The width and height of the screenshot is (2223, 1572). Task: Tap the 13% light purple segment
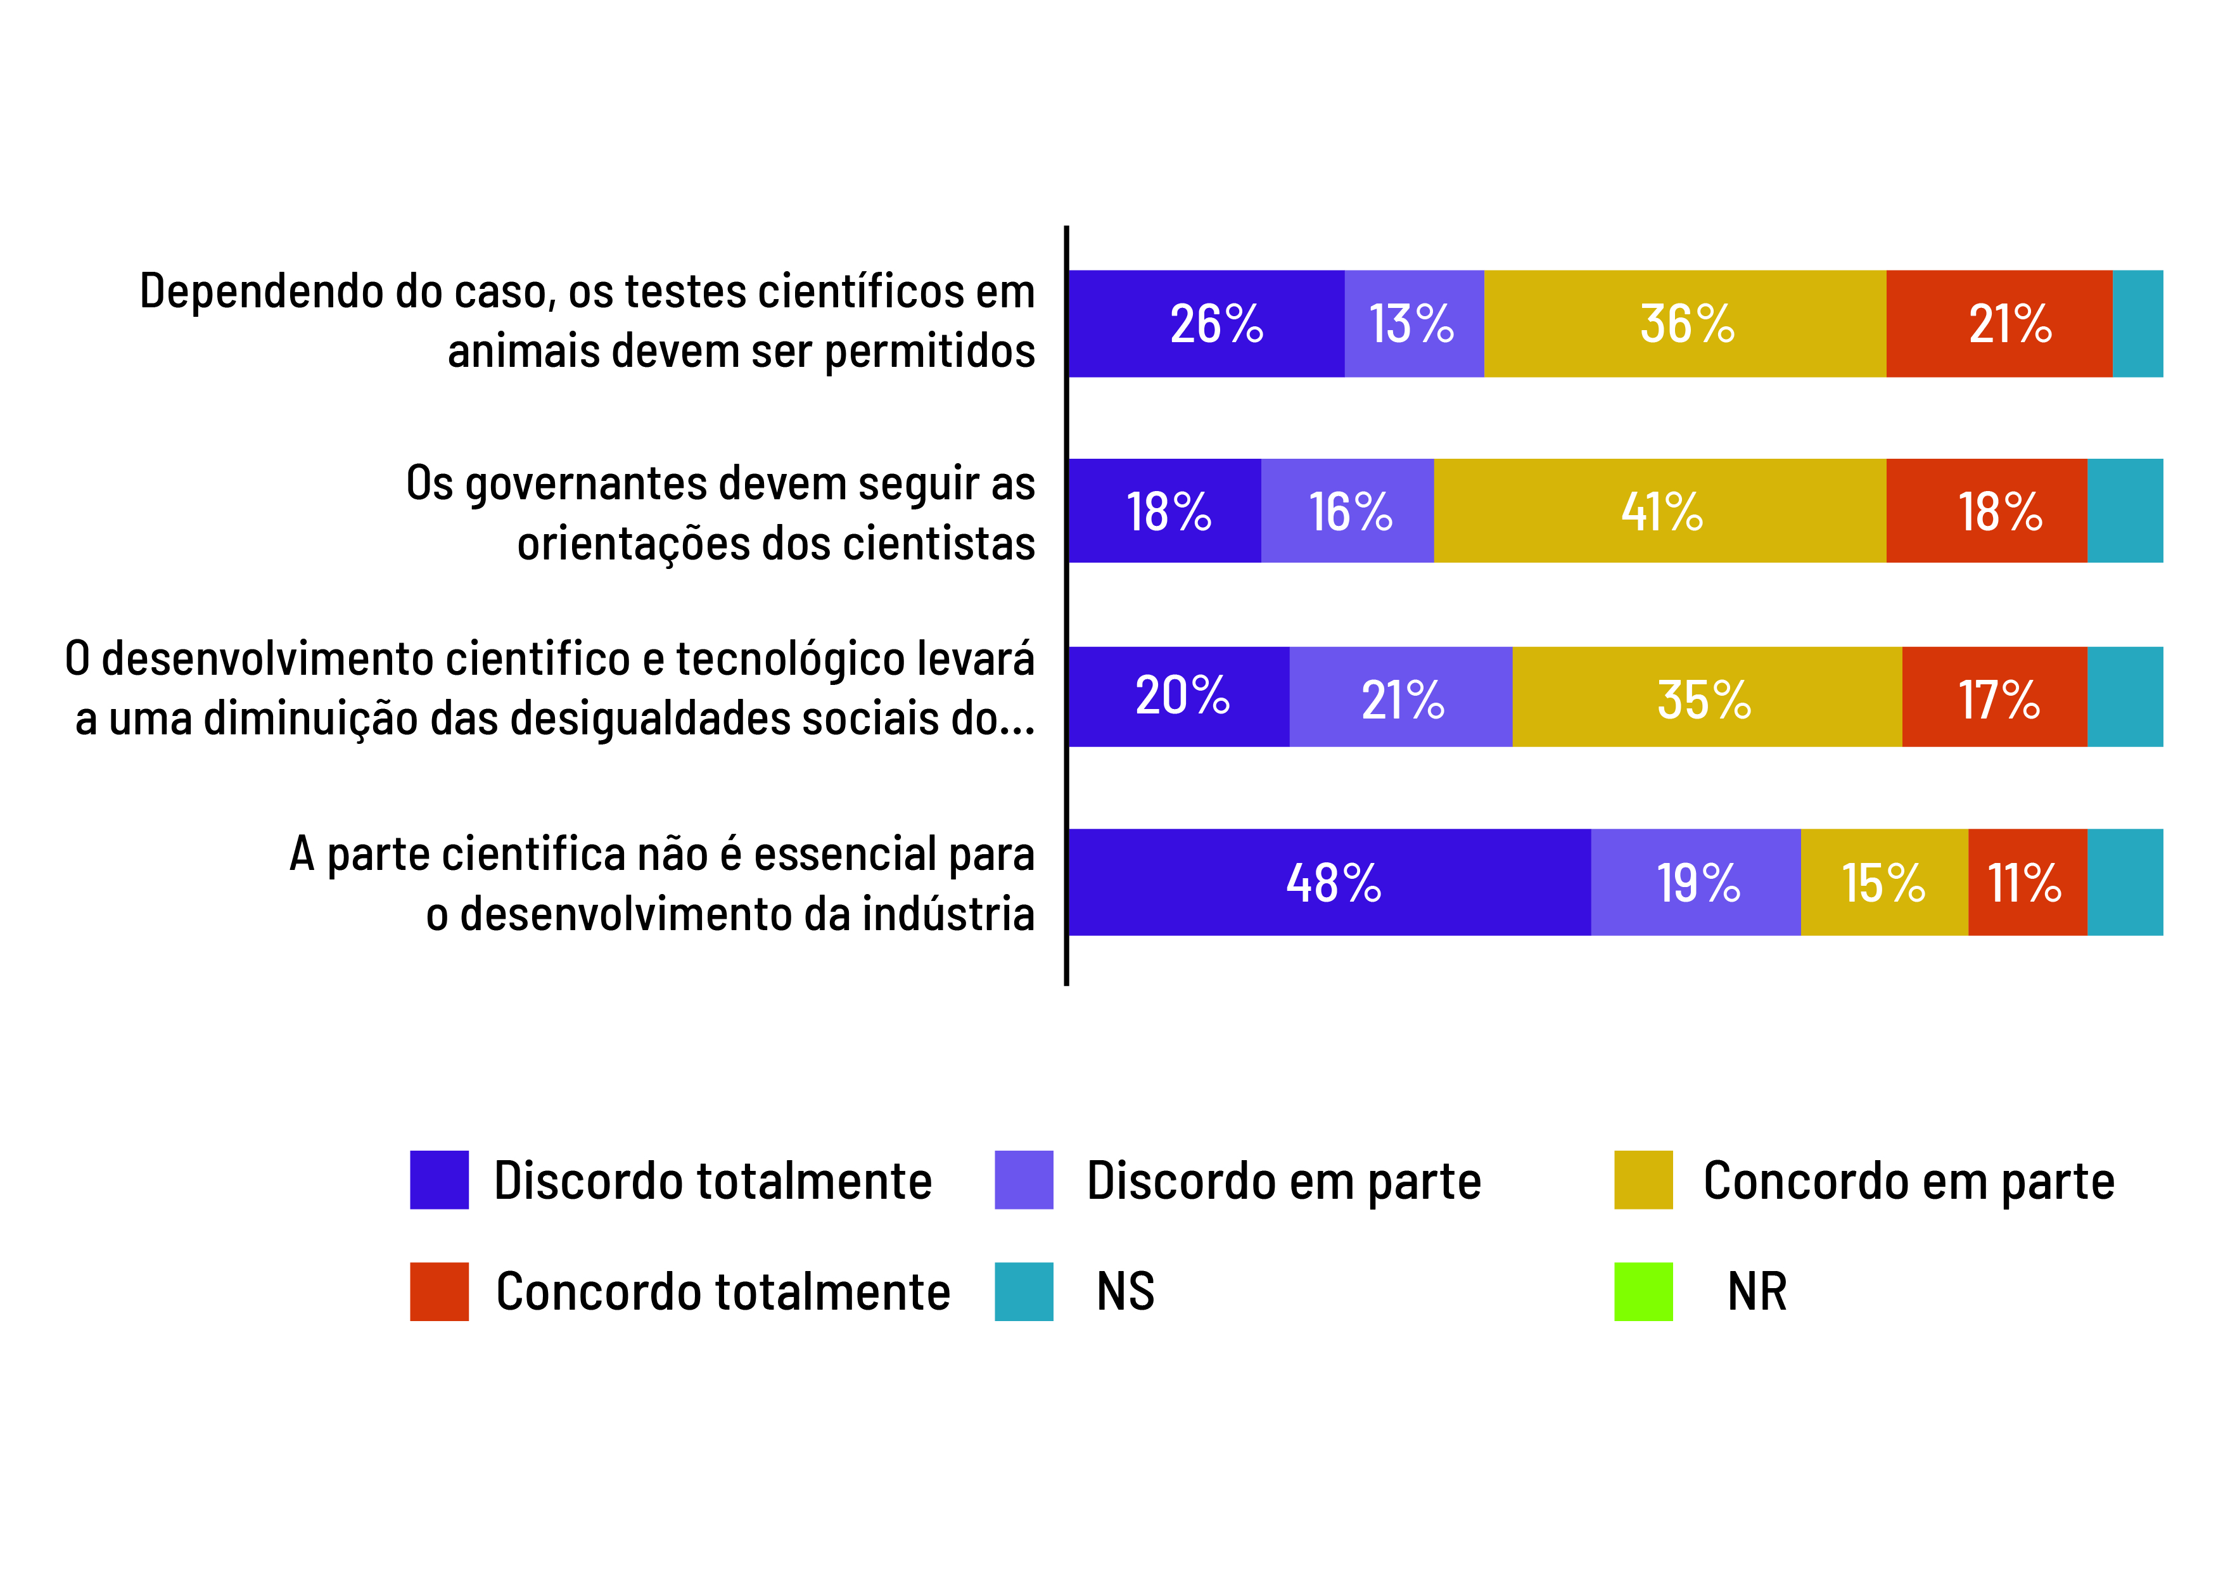(1413, 324)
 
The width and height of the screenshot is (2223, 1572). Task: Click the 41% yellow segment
(1660, 511)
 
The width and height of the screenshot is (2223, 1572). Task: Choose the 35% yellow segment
(1706, 698)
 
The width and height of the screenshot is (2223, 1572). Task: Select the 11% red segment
(2027, 883)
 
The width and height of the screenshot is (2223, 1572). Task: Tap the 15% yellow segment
(1884, 883)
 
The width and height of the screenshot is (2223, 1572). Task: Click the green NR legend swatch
(1643, 1291)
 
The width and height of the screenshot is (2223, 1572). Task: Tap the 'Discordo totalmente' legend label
(713, 1180)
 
